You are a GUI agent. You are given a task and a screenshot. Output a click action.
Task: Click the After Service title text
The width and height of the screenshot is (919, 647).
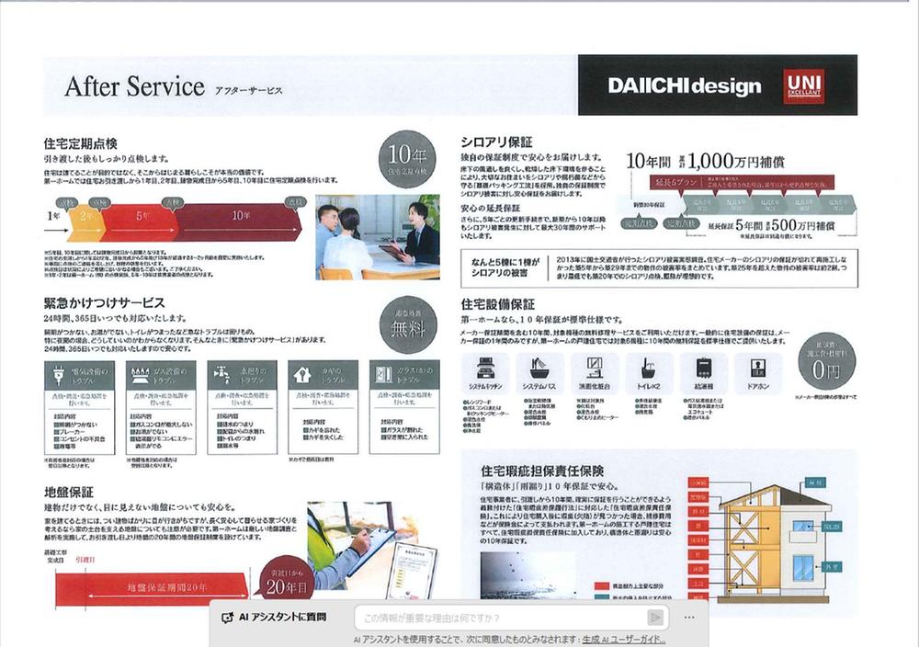point(134,86)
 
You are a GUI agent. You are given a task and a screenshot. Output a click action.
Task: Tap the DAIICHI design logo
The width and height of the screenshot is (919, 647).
point(684,86)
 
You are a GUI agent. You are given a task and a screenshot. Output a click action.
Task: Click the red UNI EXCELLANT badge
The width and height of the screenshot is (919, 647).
point(803,85)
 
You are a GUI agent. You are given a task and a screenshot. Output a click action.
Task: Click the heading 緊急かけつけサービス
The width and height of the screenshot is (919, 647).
point(105,302)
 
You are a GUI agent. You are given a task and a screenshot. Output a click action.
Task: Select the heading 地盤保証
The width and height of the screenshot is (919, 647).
point(69,493)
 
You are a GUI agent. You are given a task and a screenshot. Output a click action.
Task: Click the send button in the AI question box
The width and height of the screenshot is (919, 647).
point(655,617)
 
